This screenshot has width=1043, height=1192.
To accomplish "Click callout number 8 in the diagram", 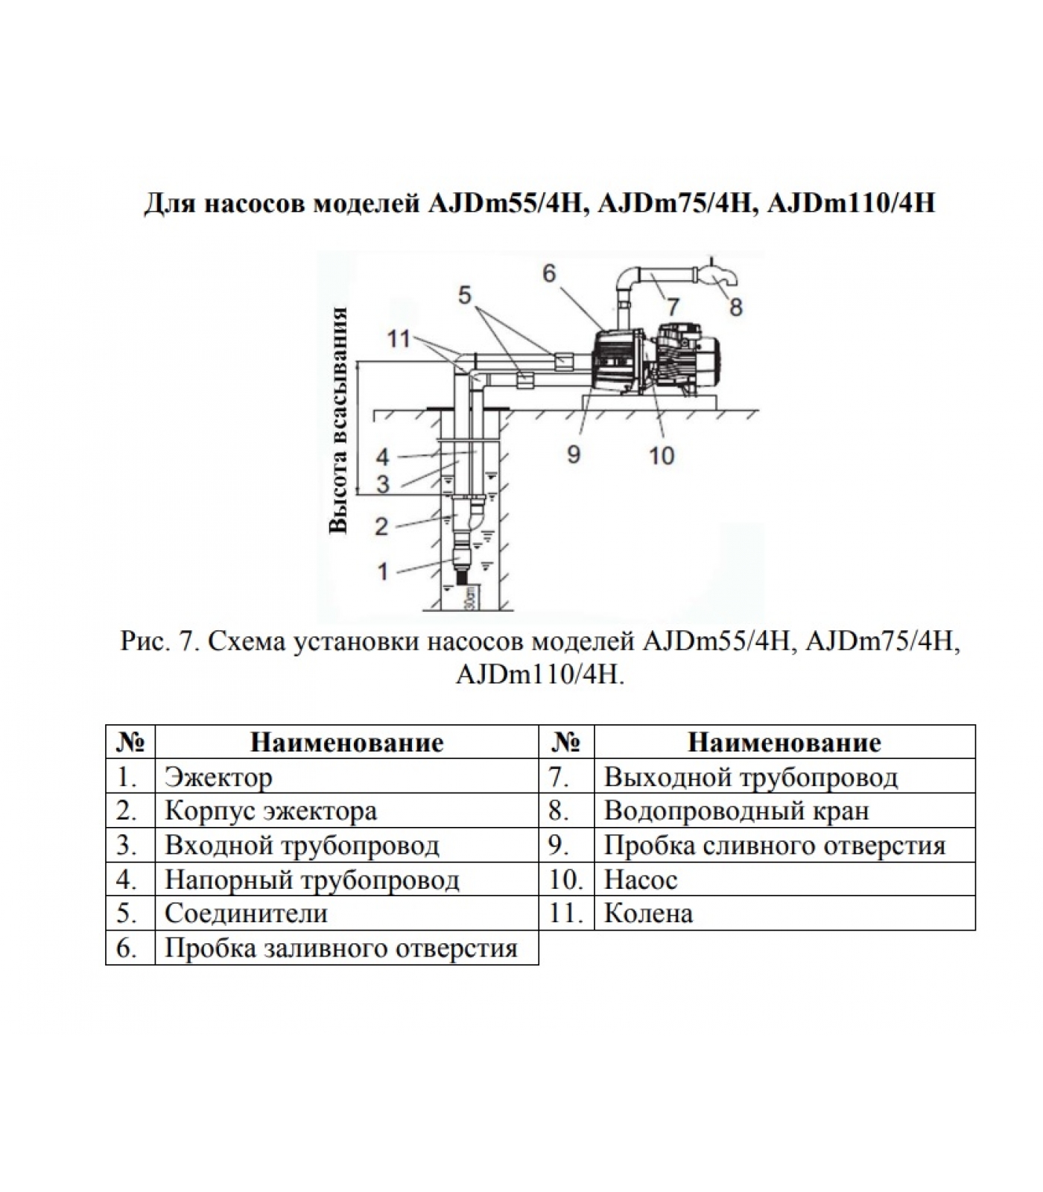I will pos(735,307).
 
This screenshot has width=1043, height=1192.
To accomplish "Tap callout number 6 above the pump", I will pos(549,273).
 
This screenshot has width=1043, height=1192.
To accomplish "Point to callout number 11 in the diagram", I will pos(399,339).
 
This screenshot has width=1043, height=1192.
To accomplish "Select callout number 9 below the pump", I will pos(573,454).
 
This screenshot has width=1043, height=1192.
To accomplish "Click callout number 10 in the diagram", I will pos(662,454).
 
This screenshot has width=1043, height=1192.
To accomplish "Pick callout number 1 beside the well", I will pos(383,571).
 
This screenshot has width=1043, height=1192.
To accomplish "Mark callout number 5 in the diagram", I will pos(465,296).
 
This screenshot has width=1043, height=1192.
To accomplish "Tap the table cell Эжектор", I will pos(218,777).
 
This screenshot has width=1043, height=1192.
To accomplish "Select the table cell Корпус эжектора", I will pos(270,811).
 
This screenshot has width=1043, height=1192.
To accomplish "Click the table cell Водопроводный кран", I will pos(736,811).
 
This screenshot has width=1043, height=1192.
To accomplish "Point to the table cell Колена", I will pos(648,913).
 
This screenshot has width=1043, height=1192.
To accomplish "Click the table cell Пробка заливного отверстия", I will pos(340,948).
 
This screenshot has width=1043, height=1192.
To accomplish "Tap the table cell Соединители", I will pos(246,913).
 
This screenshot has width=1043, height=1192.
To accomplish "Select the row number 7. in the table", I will pos(559,777).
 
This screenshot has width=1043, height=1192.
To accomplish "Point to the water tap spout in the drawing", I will pos(726,279).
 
